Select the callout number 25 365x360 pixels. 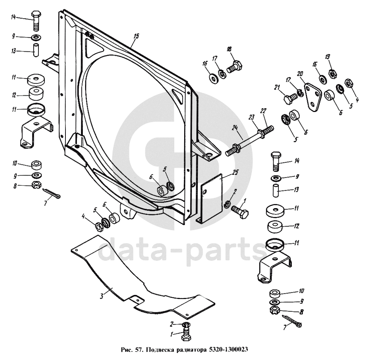(235, 172)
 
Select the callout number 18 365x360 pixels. (229, 49)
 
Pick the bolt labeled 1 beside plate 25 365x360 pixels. (240, 212)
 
